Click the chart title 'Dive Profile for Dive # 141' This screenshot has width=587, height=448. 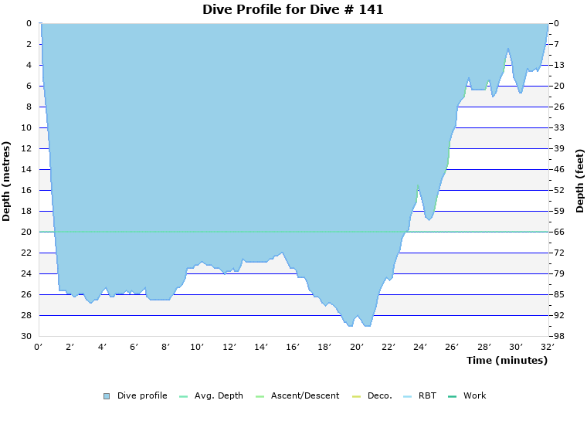(x=293, y=10)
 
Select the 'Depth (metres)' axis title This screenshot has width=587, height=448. (x=7, y=181)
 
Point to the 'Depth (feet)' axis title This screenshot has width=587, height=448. (x=580, y=181)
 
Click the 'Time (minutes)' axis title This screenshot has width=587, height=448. (x=507, y=361)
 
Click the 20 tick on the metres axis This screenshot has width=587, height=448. (x=26, y=232)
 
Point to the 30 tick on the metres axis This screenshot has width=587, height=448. (x=26, y=336)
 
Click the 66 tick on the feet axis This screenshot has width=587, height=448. (x=560, y=232)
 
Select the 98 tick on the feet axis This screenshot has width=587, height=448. (x=560, y=336)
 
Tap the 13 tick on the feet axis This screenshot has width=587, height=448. (x=560, y=65)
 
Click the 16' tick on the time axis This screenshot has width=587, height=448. (x=293, y=347)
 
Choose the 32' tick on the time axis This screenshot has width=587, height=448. (x=548, y=347)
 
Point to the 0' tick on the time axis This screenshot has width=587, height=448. (x=39, y=347)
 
